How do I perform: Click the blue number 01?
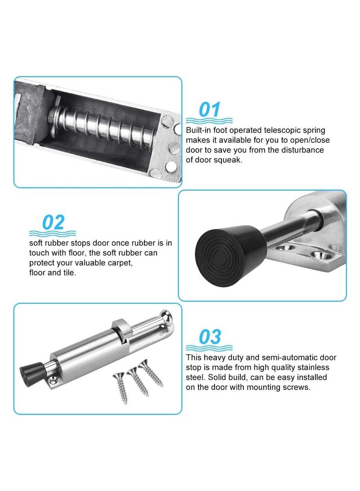209,109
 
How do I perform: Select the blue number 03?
209,336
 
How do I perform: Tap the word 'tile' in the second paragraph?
69,273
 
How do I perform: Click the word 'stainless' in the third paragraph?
321,367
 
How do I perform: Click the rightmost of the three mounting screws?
152,373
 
